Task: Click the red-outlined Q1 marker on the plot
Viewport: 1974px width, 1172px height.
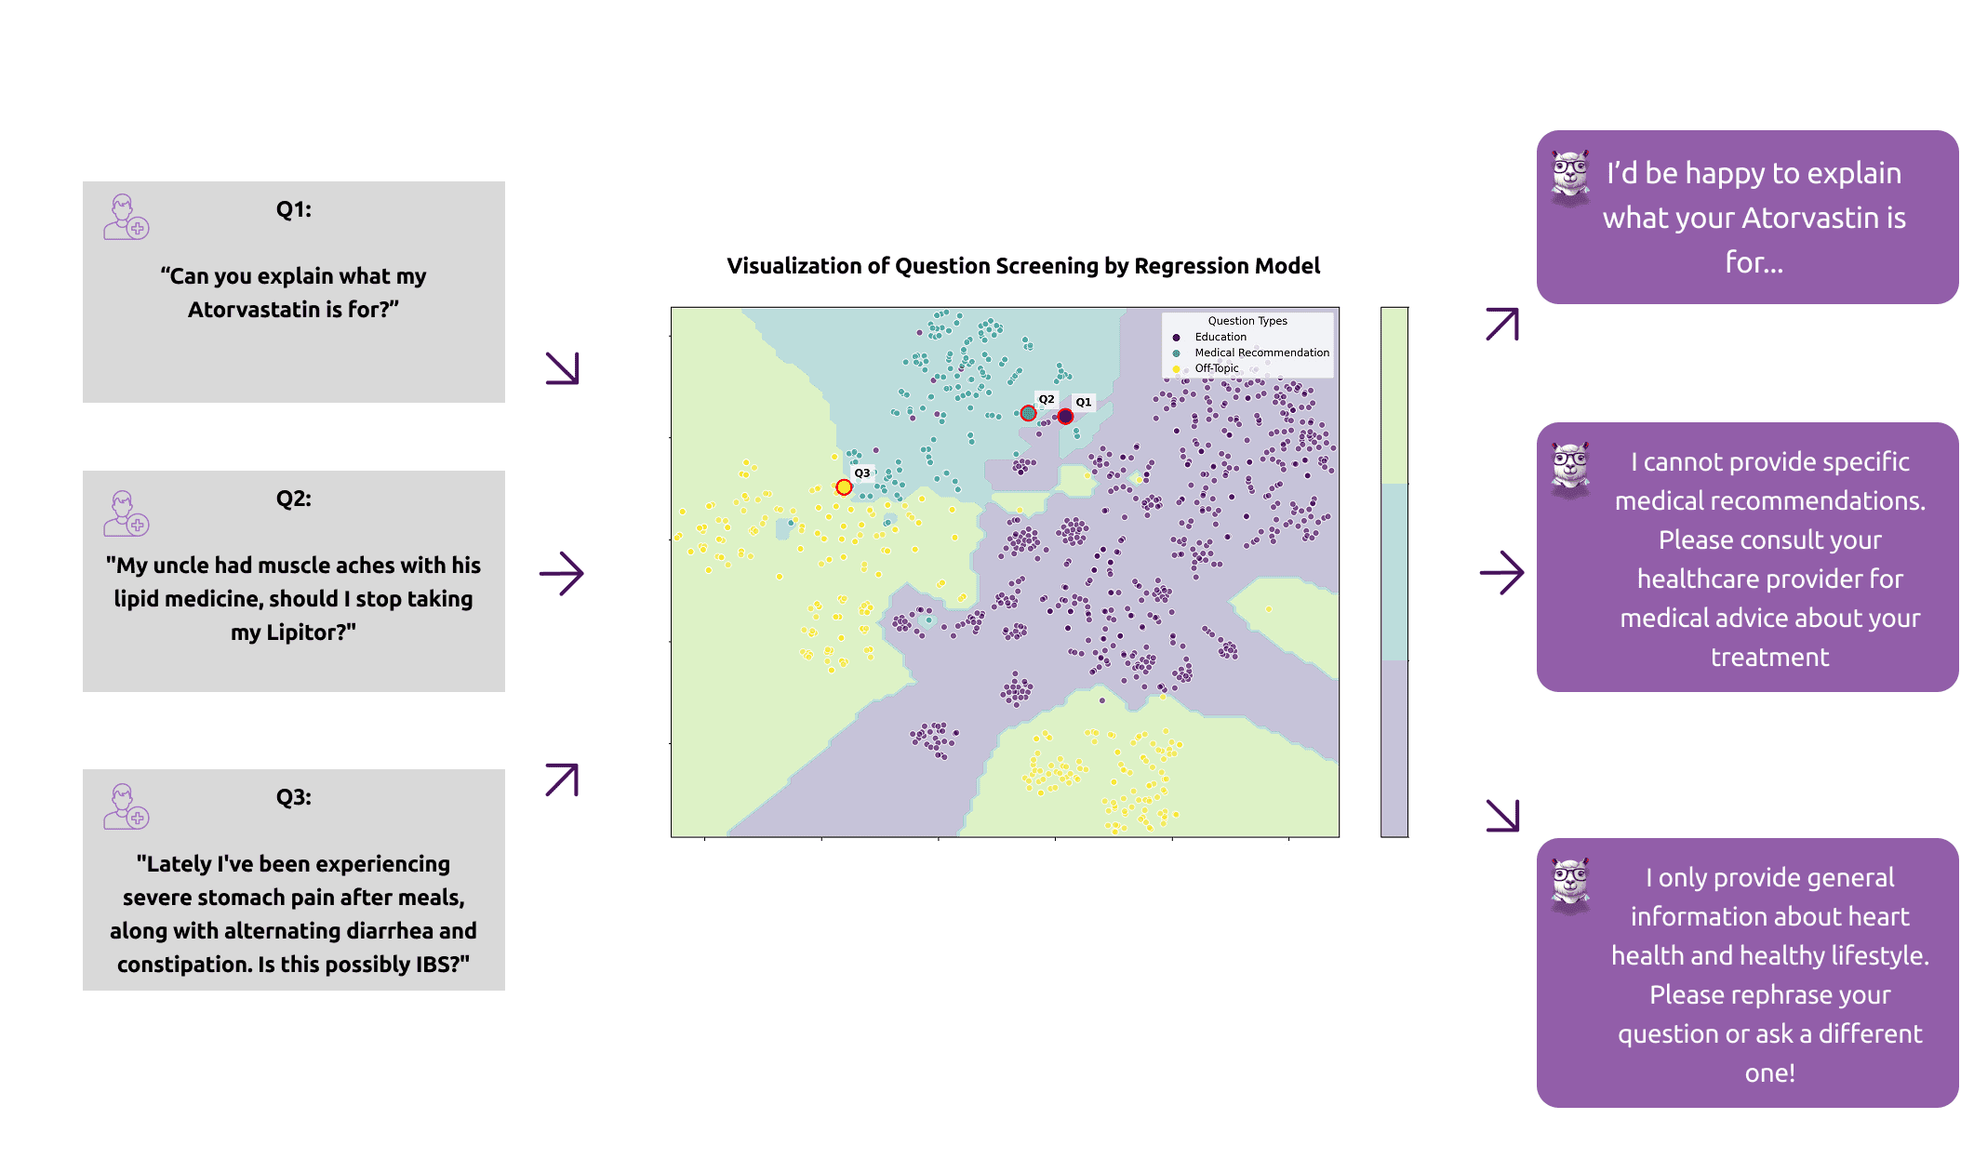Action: point(1065,417)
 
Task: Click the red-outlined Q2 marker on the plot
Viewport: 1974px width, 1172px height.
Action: point(1028,413)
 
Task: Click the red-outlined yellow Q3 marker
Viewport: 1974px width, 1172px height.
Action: point(844,487)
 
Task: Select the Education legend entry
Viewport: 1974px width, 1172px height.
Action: point(1220,337)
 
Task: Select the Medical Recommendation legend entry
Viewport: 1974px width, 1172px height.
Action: point(1260,353)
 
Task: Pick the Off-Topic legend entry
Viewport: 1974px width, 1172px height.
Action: point(1216,368)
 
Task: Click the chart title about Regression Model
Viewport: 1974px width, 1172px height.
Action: point(1022,266)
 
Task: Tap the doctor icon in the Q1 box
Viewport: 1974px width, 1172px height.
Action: point(126,218)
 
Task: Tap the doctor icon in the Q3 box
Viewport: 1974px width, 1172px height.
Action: point(126,806)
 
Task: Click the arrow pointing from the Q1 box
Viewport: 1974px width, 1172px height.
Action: point(563,368)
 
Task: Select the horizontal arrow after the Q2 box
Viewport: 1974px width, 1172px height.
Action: point(562,574)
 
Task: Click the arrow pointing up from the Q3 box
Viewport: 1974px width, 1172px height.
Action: point(562,779)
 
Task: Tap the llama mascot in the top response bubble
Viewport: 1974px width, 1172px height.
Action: point(1570,177)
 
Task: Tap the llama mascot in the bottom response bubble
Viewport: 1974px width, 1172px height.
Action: point(1570,885)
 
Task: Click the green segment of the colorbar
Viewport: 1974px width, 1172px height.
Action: point(1394,395)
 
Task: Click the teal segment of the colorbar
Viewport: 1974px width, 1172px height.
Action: point(1394,572)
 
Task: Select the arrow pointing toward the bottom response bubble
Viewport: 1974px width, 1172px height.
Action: point(1502,815)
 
